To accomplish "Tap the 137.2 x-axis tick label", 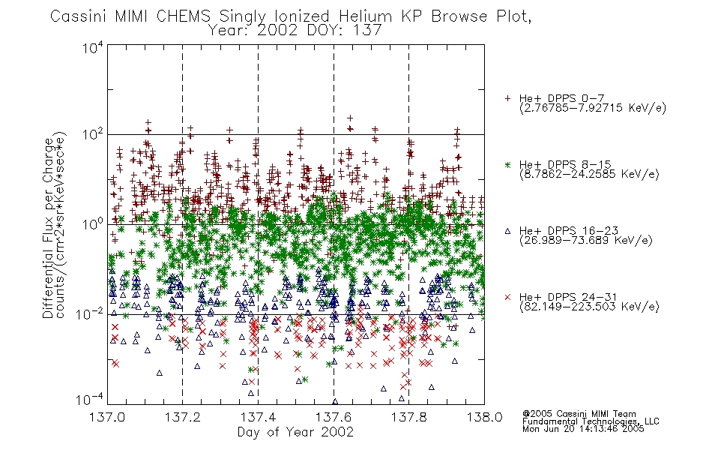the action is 182,417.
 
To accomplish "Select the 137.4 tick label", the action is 258,417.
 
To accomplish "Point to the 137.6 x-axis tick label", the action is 334,417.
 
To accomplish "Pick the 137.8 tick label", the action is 408,417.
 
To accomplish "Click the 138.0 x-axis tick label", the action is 484,417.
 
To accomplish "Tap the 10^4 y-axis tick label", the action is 93,47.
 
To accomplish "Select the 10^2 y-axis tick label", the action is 93,134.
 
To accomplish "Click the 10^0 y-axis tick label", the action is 93,224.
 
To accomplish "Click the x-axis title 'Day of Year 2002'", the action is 295,432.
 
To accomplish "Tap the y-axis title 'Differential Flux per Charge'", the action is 49,228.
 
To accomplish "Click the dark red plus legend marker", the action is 507,98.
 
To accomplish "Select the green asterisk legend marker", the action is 507,164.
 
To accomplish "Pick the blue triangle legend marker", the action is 507,231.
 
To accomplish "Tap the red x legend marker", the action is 507,297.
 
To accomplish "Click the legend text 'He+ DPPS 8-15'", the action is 565,164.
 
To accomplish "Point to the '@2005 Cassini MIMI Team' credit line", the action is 579,414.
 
